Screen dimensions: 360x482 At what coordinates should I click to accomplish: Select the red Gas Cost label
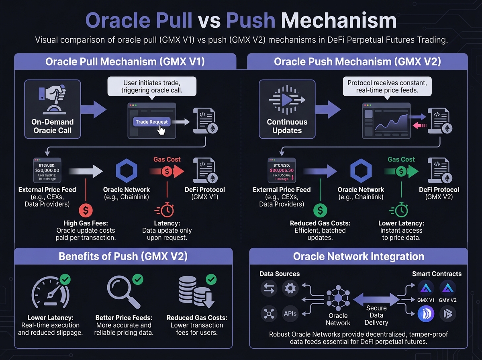pyautogui.click(x=167, y=160)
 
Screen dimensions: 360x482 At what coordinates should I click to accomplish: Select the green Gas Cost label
pyautogui.click(x=401, y=160)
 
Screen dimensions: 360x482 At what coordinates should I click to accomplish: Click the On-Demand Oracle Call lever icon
pyautogui.click(x=53, y=98)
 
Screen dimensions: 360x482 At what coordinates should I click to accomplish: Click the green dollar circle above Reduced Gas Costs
pyautogui.click(x=320, y=210)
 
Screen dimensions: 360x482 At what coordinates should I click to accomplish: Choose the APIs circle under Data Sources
pyautogui.click(x=290, y=314)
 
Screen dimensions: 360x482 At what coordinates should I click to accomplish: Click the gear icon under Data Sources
pyautogui.click(x=290, y=288)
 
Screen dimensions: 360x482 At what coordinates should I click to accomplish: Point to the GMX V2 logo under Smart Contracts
pyautogui.click(x=447, y=288)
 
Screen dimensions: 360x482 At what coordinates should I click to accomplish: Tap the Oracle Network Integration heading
pyautogui.click(x=358, y=257)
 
